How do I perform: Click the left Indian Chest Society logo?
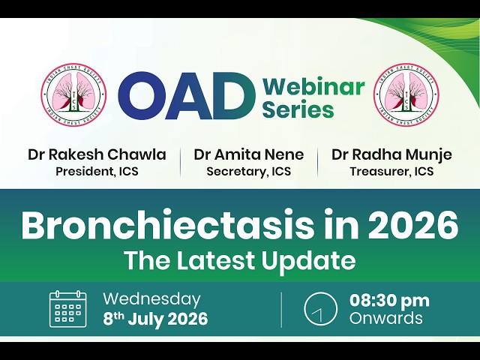coord(73,94)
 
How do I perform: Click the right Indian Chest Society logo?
coord(406,94)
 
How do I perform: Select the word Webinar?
coord(313,87)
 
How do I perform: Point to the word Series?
coord(298,109)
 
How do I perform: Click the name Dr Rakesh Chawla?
coord(97,154)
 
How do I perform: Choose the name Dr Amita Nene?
coord(249,154)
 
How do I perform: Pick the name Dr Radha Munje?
coord(391,154)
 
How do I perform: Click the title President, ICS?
coord(97,171)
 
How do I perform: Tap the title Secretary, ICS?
coord(249,172)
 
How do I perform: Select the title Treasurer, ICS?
coord(391,171)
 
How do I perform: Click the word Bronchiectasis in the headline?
coord(168,225)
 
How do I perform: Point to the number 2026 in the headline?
coord(412,225)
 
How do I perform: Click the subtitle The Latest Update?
coord(241,260)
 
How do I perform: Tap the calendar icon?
coord(68,309)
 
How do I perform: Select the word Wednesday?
coord(151,299)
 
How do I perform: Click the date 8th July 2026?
coord(155,319)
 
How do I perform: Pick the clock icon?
coord(320,309)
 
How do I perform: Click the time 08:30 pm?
coord(389,301)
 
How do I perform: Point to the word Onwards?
coord(386,318)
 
